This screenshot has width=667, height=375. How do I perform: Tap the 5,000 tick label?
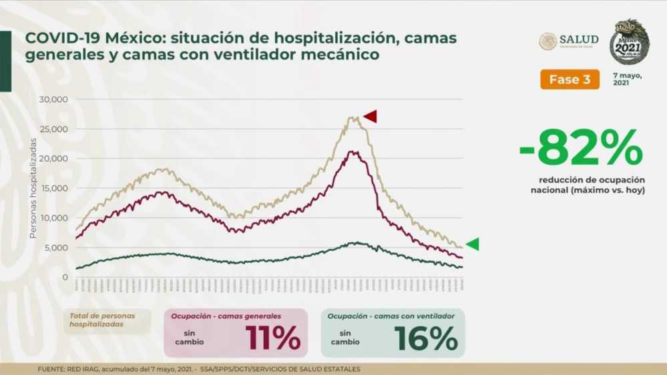(x=57, y=248)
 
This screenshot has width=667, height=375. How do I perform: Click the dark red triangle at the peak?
(x=370, y=116)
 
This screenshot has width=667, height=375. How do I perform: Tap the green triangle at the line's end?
(x=472, y=244)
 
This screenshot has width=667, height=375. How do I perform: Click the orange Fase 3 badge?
(x=570, y=79)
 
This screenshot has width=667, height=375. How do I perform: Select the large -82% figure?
(x=581, y=148)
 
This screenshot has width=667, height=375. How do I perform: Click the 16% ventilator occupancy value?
(x=426, y=338)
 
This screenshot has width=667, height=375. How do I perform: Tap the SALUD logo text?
(x=579, y=39)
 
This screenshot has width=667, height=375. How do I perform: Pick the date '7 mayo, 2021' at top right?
(x=628, y=79)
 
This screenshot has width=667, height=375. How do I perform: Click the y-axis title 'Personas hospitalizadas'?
(x=33, y=188)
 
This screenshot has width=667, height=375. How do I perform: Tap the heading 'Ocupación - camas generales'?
(x=226, y=316)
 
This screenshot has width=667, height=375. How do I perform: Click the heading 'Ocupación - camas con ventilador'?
(x=391, y=316)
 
